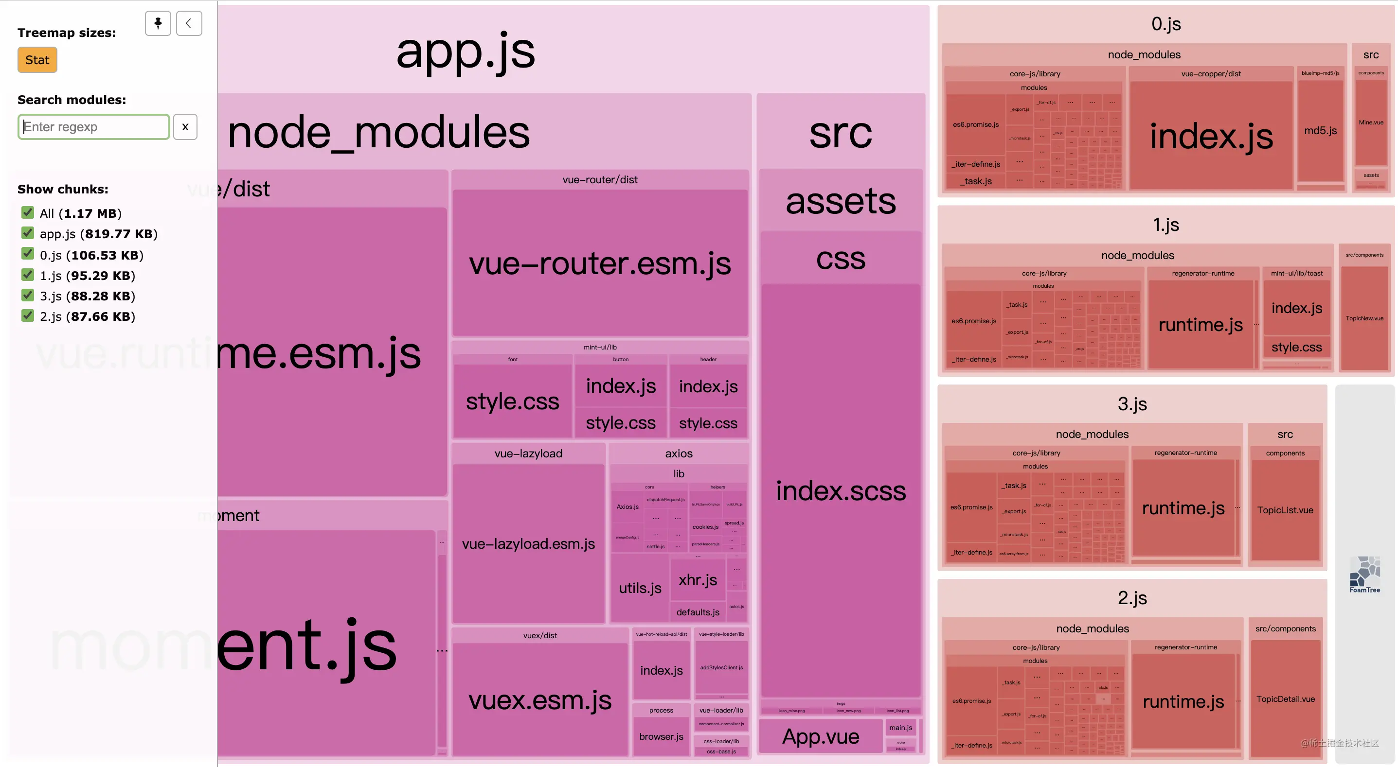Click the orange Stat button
[37, 60]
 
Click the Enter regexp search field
[93, 127]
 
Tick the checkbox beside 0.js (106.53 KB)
[28, 254]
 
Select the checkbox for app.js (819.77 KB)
[28, 233]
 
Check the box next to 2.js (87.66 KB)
[28, 316]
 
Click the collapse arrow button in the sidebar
[189, 23]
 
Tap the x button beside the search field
[185, 127]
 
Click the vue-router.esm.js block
[600, 263]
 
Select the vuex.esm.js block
[540, 700]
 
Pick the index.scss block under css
[841, 491]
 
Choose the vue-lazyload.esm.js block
[528, 543]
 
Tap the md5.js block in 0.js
[1320, 131]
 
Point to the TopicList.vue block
[1285, 510]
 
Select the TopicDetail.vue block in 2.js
[1285, 698]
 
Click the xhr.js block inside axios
[698, 580]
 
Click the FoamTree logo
[1364, 575]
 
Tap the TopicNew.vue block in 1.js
[1364, 318]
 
